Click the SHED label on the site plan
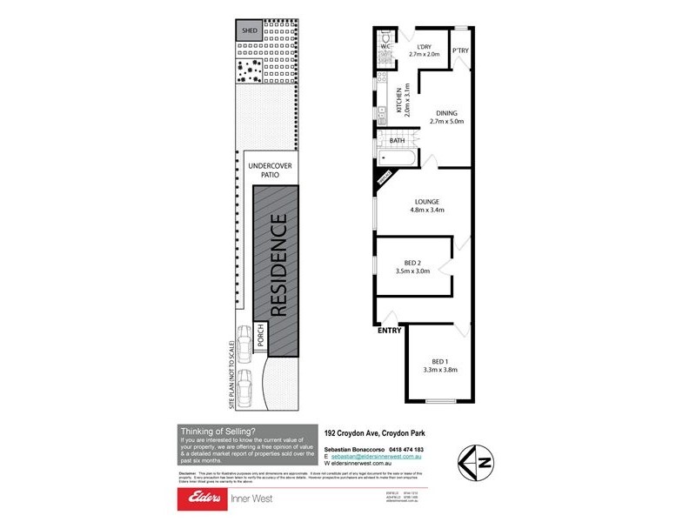point(250,30)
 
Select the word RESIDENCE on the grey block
point(278,266)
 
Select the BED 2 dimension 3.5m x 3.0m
point(413,271)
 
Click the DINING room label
point(446,113)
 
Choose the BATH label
point(397,140)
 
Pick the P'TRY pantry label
point(461,51)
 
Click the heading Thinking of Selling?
point(217,430)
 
